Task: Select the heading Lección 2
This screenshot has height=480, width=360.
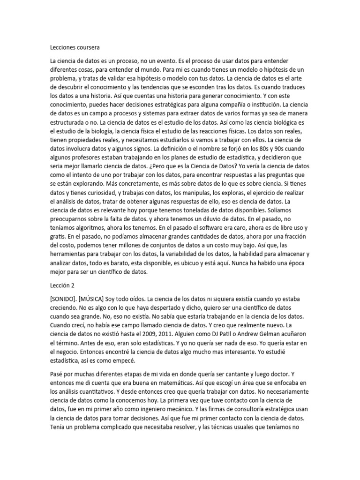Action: click(62, 285)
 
